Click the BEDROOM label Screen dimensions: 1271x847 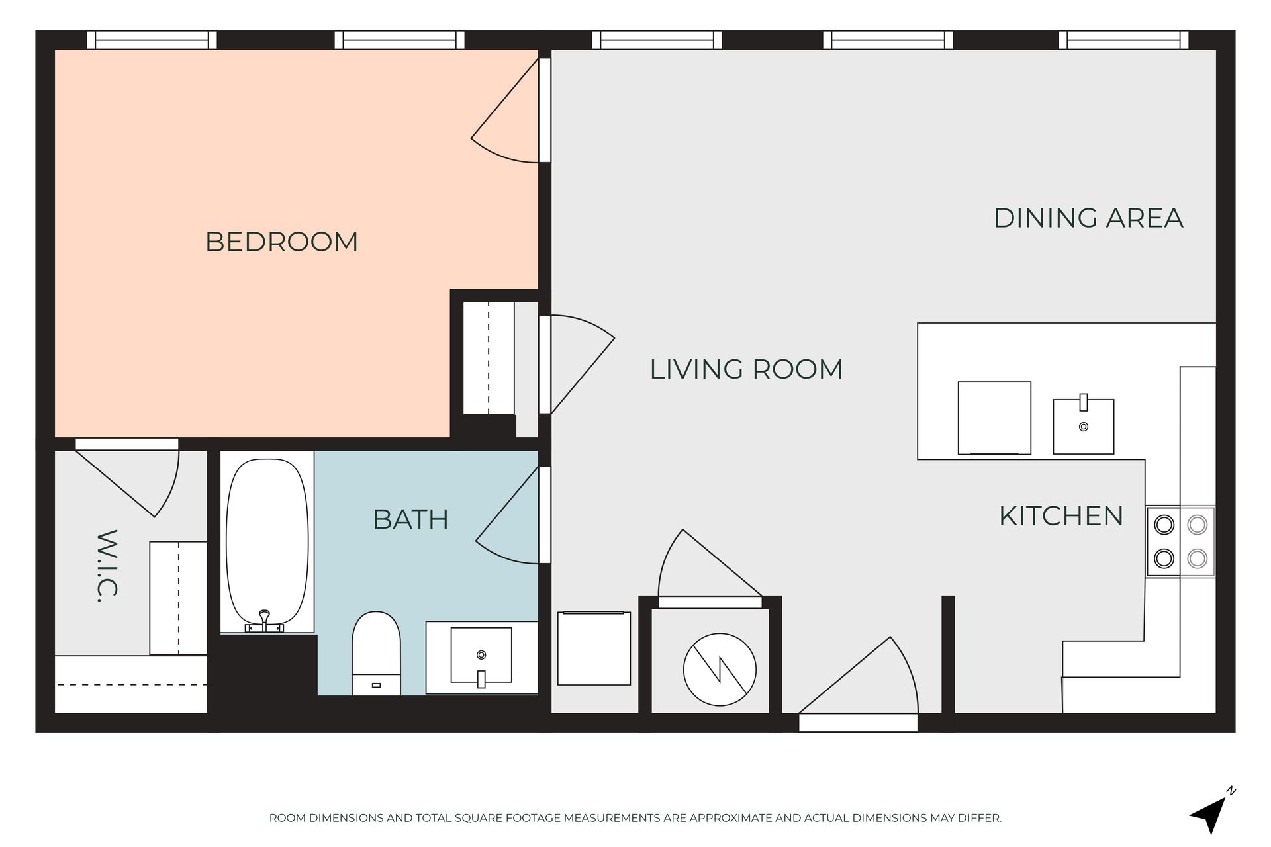click(x=281, y=242)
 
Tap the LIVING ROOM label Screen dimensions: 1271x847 click(x=746, y=369)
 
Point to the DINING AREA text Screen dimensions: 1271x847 click(x=1088, y=218)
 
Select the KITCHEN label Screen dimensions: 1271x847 click(x=1061, y=516)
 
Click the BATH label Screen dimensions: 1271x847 click(x=410, y=519)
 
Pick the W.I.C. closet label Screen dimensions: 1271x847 click(x=107, y=566)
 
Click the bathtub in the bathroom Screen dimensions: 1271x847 click(x=267, y=543)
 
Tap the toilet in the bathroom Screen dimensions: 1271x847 click(x=376, y=653)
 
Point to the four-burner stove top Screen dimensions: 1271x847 click(x=1181, y=542)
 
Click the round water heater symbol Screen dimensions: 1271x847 click(x=720, y=669)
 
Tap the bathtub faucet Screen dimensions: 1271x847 click(x=265, y=621)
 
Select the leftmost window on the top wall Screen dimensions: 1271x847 click(x=152, y=40)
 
